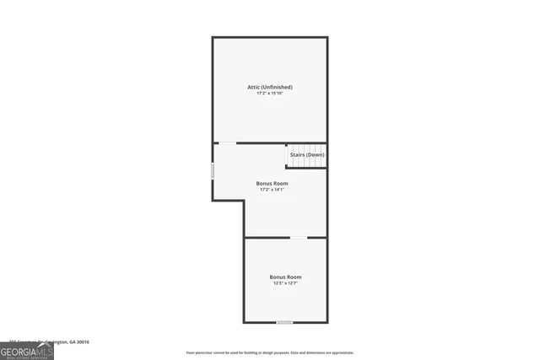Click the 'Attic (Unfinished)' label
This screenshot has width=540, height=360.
click(x=269, y=87)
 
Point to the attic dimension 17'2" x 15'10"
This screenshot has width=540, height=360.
click(x=269, y=93)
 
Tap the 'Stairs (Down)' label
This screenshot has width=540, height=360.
click(x=306, y=155)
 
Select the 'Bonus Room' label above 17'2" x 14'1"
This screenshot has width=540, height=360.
click(x=272, y=183)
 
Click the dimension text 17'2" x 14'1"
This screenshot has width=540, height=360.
click(x=272, y=189)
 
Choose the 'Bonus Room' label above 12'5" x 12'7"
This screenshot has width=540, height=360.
click(x=285, y=277)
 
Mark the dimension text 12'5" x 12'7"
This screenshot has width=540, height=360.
click(x=285, y=283)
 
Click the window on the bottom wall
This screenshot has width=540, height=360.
click(x=285, y=322)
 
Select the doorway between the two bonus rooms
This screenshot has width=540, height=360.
click(x=299, y=238)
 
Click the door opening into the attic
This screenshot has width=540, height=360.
click(x=228, y=143)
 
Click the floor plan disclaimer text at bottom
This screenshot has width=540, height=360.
click(x=269, y=352)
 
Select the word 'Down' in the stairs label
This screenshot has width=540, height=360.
click(x=315, y=155)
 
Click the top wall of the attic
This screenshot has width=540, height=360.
click(x=269, y=37)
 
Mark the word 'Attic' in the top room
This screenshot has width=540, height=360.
click(x=253, y=87)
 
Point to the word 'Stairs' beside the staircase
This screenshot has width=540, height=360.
click(x=297, y=155)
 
